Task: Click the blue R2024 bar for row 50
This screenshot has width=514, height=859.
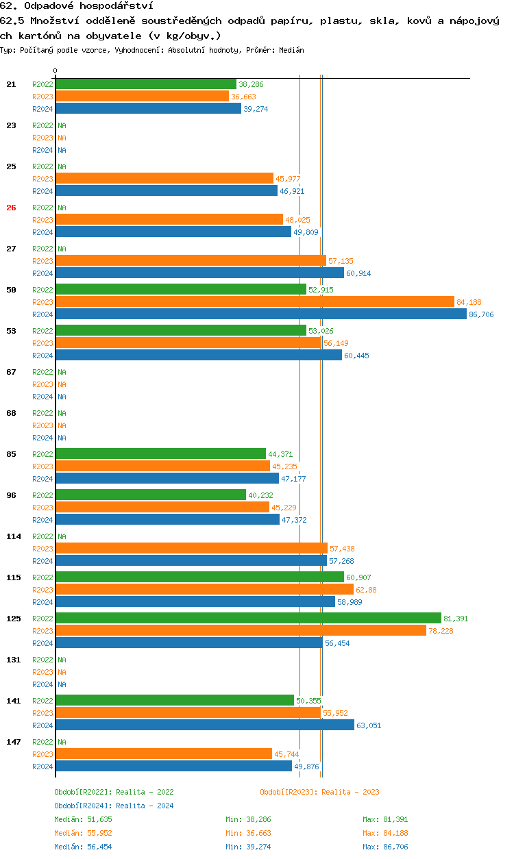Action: pyautogui.click(x=260, y=314)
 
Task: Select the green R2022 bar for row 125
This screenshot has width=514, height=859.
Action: pyautogui.click(x=248, y=618)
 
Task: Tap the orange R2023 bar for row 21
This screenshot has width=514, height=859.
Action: pyautogui.click(x=142, y=97)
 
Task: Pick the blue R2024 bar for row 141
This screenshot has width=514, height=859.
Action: pyautogui.click(x=204, y=725)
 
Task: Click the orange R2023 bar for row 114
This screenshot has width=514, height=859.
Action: pyautogui.click(x=191, y=548)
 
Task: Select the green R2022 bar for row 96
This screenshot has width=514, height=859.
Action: pyautogui.click(x=150, y=495)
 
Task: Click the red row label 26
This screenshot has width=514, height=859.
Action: pyautogui.click(x=11, y=208)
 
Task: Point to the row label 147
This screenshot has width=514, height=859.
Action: pyautogui.click(x=13, y=742)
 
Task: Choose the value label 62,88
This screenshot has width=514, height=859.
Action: pyautogui.click(x=366, y=590)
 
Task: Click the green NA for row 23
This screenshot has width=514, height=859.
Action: pyautogui.click(x=62, y=125)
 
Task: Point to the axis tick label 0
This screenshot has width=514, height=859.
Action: pyautogui.click(x=56, y=71)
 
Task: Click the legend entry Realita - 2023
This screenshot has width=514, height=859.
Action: pyautogui.click(x=319, y=792)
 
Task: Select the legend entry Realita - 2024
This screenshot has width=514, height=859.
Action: pyautogui.click(x=114, y=806)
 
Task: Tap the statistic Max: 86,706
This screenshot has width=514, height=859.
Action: pyautogui.click(x=385, y=847)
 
